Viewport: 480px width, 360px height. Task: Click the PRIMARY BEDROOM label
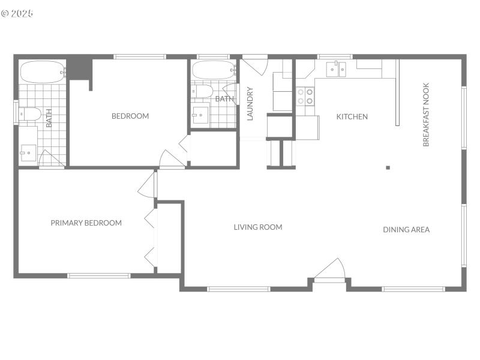(x=86, y=223)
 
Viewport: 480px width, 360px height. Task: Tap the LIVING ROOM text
(x=258, y=227)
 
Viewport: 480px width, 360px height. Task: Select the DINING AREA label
(x=406, y=229)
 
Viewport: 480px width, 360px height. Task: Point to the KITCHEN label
(x=352, y=116)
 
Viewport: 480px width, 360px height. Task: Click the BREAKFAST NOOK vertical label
(x=426, y=115)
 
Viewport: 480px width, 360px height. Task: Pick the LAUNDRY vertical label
(x=251, y=104)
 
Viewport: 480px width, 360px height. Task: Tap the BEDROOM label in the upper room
(x=130, y=116)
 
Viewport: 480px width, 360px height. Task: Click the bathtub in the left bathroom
(x=43, y=72)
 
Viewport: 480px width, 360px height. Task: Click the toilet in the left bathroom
(x=30, y=113)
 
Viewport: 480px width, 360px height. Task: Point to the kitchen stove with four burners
(x=305, y=97)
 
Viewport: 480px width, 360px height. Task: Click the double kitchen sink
(x=336, y=70)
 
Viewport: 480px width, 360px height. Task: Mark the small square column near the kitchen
(x=388, y=167)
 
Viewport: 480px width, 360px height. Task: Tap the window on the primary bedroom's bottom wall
(x=99, y=276)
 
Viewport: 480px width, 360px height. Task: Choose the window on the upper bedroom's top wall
(x=140, y=57)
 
